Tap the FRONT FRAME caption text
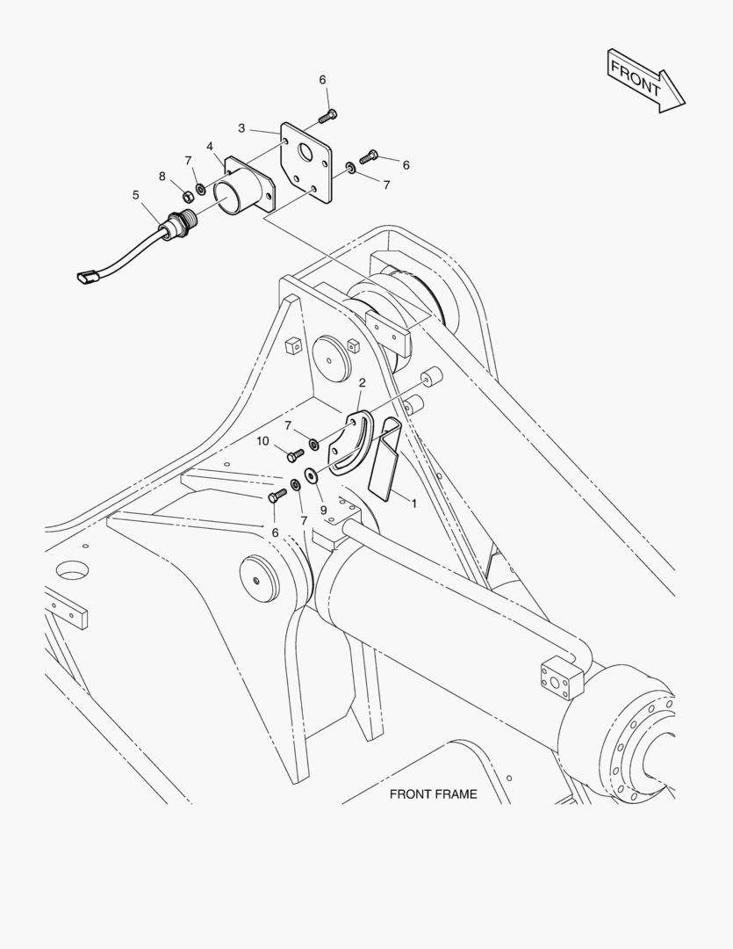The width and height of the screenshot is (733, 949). tap(433, 794)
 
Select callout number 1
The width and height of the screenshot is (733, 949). tap(414, 503)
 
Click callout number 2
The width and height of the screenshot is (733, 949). tap(363, 382)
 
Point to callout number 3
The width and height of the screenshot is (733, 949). tap(241, 128)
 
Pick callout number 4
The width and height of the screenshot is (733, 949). tap(210, 147)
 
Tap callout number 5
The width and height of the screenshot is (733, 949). tap(135, 195)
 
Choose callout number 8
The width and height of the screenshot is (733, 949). tap(162, 176)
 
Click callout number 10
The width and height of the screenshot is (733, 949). tap(262, 441)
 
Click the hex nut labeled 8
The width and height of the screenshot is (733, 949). tap(187, 196)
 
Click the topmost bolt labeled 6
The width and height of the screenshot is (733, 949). tap(327, 115)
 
